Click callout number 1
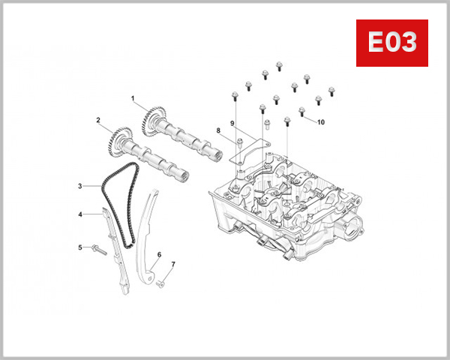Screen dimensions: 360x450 coord(132,98)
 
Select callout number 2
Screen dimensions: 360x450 coord(97,120)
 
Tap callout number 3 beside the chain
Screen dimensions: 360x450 coord(79,185)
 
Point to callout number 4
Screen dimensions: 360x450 coord(79,214)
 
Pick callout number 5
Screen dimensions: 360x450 coord(79,247)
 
